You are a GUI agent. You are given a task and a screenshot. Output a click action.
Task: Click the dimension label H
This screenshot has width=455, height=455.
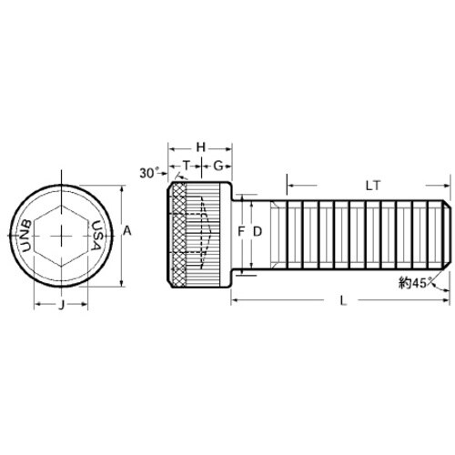click(201, 147)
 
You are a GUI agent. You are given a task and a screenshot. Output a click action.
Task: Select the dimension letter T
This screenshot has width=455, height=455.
click(187, 166)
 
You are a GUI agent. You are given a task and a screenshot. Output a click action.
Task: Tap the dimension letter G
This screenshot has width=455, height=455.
click(218, 166)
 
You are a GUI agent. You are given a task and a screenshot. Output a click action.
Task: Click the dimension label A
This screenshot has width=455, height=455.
click(127, 232)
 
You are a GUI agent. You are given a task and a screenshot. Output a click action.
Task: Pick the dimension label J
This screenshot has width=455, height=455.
click(61, 305)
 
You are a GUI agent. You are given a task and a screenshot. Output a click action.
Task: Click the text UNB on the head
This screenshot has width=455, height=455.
click(27, 238)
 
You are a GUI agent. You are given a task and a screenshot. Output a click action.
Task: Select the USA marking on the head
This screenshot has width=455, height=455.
click(96, 238)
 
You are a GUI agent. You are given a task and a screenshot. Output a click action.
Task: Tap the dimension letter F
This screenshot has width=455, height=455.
click(241, 232)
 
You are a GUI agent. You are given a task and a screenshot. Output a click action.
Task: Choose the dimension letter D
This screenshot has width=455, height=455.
click(258, 232)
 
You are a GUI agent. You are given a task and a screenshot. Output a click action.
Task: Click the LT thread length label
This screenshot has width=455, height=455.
click(371, 185)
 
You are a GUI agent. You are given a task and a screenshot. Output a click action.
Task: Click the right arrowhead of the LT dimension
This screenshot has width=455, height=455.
click(447, 185)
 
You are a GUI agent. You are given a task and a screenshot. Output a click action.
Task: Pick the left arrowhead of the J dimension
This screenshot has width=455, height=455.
click(37, 305)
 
